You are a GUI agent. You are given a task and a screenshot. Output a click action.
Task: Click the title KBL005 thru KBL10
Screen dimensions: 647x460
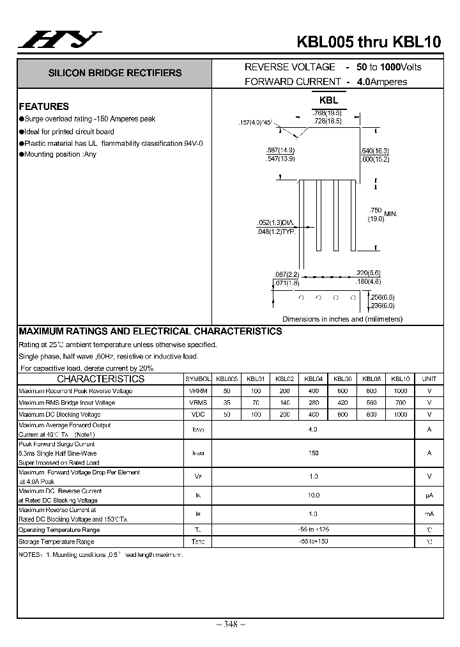tap(369, 42)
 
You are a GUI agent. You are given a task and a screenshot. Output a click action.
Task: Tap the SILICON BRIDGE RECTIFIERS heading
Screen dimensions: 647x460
tap(115, 73)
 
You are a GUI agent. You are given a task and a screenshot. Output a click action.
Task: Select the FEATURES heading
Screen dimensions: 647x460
tap(43, 107)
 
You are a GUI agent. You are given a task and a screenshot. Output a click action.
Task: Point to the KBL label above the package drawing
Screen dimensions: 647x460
tap(328, 100)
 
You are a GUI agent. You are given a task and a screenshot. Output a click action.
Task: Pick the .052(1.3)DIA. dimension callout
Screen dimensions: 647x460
tap(276, 222)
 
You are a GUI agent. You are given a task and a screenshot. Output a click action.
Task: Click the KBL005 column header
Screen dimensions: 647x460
tap(227, 378)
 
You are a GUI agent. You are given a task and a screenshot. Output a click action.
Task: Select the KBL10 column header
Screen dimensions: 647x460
tap(400, 378)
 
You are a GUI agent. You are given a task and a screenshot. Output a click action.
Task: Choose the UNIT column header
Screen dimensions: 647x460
tap(429, 378)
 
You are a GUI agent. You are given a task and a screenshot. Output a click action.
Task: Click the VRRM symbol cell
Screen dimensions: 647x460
tap(198, 391)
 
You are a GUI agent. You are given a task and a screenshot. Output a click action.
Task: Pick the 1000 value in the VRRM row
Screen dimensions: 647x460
tap(400, 391)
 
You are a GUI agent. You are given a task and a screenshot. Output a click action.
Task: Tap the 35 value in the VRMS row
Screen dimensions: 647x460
tap(227, 403)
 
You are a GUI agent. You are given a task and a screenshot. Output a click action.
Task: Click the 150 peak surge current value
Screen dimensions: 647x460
tap(313, 453)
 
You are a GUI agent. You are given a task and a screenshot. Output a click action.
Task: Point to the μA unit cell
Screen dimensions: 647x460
tap(429, 495)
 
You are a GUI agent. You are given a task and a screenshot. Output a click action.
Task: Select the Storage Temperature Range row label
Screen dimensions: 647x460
tap(56, 542)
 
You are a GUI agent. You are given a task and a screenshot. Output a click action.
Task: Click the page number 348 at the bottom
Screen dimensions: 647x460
tap(230, 624)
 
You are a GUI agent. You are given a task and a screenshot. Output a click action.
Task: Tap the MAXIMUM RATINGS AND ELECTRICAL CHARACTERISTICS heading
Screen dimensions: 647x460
tap(150, 331)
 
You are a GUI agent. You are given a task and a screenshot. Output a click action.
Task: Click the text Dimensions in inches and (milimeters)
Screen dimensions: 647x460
tap(342, 319)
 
